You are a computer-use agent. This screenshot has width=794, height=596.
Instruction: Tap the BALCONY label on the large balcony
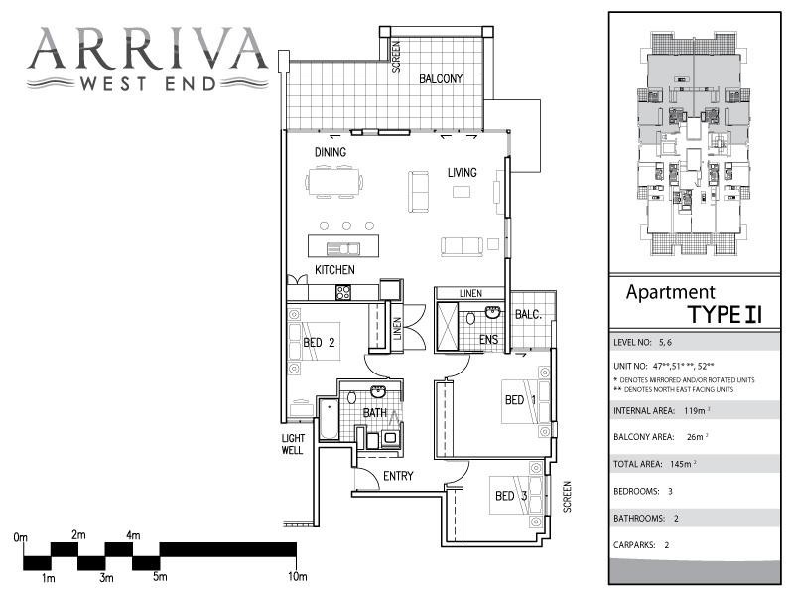tap(441, 78)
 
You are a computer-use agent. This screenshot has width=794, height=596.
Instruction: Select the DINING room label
tap(331, 152)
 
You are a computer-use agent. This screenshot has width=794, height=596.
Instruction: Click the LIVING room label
tap(462, 172)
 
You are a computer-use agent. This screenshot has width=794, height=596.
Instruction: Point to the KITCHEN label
tap(335, 270)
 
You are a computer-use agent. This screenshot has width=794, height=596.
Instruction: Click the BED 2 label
tap(319, 344)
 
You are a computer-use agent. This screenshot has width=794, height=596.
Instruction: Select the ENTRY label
tap(398, 476)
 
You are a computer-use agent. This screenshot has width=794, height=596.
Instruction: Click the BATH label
tap(374, 413)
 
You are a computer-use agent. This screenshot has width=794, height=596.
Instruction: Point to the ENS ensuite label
tap(488, 340)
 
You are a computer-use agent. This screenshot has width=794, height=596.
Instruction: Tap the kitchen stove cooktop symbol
tap(343, 292)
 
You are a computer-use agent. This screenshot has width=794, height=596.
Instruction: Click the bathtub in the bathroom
tap(327, 422)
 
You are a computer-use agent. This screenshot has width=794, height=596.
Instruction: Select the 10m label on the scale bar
tap(298, 576)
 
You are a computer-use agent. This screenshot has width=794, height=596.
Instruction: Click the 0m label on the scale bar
tap(21, 537)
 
